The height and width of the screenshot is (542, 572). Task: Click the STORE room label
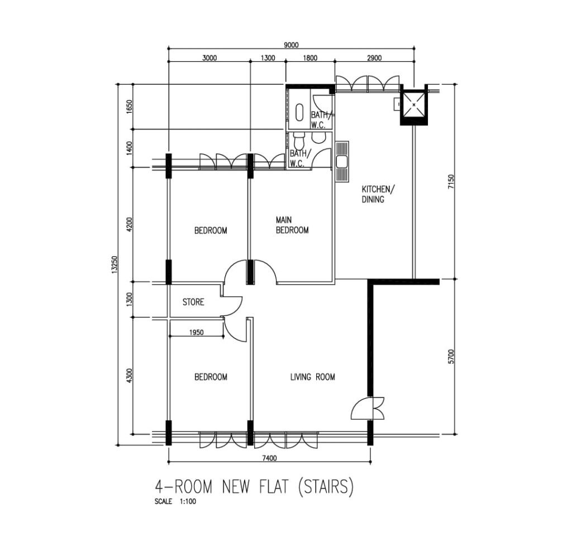[193, 302]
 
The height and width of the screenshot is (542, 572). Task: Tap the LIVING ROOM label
[313, 377]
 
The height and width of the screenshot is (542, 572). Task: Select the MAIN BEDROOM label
[292, 225]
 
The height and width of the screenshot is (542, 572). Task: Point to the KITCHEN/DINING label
[378, 194]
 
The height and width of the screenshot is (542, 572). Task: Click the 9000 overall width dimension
[291, 45]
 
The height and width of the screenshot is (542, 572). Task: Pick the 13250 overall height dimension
[114, 264]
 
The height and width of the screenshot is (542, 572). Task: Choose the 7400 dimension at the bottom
[270, 458]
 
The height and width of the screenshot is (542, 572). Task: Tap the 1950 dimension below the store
[197, 333]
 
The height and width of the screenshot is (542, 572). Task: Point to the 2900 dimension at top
[374, 57]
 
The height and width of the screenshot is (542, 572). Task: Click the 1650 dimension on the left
[130, 107]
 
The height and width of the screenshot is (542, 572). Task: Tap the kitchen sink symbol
[342, 161]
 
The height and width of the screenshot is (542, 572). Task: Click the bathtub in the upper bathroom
[299, 112]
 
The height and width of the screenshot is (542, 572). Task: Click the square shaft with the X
[414, 105]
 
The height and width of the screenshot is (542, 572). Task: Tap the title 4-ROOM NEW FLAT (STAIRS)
[254, 487]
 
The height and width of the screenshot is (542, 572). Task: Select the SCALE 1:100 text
[175, 502]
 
